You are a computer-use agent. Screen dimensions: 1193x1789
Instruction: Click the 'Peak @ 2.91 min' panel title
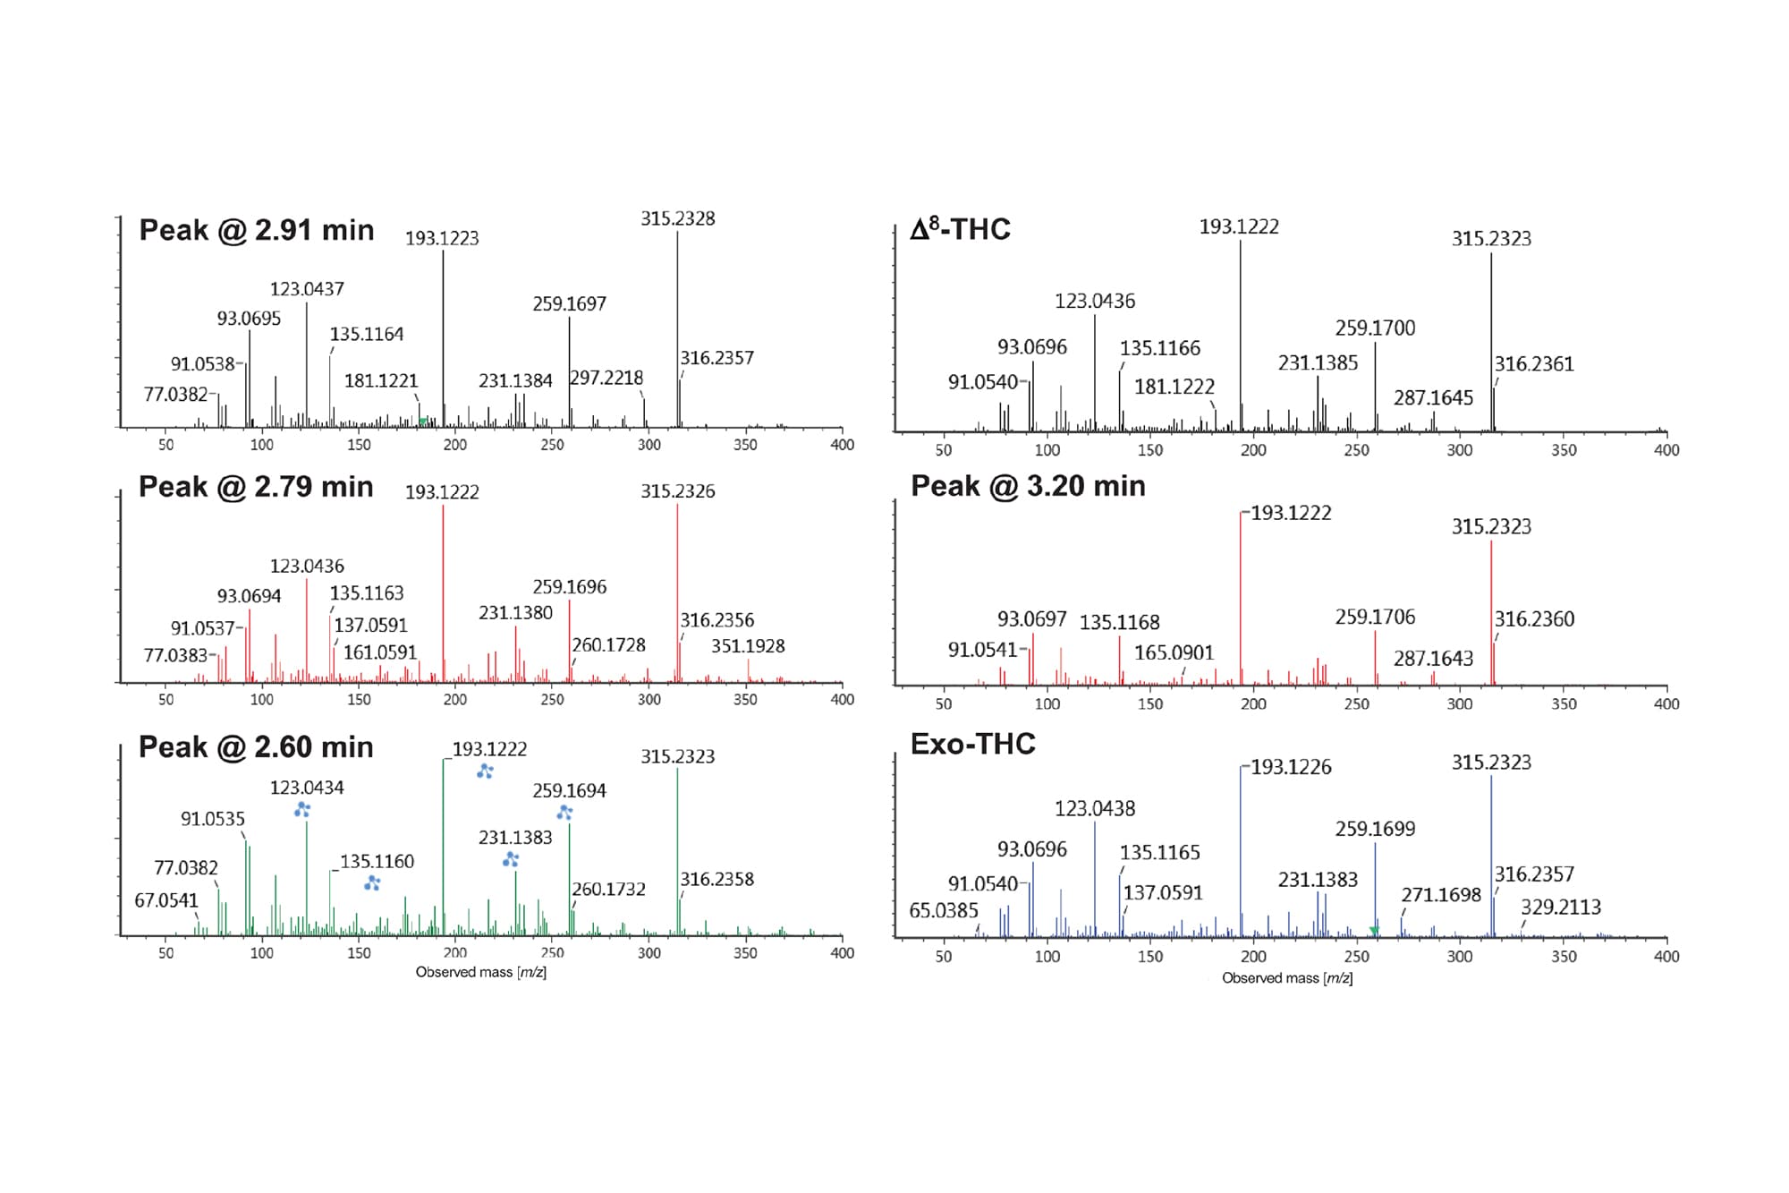point(256,230)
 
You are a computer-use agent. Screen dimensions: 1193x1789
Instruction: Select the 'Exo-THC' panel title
point(972,744)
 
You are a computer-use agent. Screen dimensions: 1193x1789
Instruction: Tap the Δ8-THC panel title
point(960,229)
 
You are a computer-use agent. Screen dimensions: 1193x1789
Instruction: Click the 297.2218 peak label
point(606,378)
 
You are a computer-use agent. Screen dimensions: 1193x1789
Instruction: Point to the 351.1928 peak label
point(748,646)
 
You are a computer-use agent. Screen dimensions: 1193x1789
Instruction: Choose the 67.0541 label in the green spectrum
point(165,900)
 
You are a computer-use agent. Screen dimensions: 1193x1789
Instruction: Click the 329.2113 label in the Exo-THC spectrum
point(1560,907)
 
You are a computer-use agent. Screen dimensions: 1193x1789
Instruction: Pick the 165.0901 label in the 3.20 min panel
point(1174,652)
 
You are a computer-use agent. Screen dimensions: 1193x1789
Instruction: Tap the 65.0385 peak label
point(944,910)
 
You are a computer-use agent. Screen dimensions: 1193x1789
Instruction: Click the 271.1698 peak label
point(1441,894)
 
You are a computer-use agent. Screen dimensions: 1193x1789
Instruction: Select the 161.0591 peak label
point(380,652)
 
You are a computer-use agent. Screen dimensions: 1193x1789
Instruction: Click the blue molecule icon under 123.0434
point(302,809)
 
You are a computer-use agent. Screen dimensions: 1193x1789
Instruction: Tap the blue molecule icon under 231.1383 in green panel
point(511,859)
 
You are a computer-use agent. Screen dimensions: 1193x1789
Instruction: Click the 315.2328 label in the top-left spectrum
point(677,218)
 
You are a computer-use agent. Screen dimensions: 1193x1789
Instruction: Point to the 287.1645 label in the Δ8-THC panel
point(1432,397)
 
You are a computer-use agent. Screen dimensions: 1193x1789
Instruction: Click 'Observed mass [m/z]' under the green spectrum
point(480,972)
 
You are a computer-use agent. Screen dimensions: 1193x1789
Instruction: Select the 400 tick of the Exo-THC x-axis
point(1666,956)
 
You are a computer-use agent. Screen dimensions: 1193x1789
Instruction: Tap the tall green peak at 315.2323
point(677,850)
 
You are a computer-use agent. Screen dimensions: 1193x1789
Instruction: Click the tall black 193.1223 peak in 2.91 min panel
point(443,340)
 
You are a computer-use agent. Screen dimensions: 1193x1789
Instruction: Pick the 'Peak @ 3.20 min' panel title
point(1028,486)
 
